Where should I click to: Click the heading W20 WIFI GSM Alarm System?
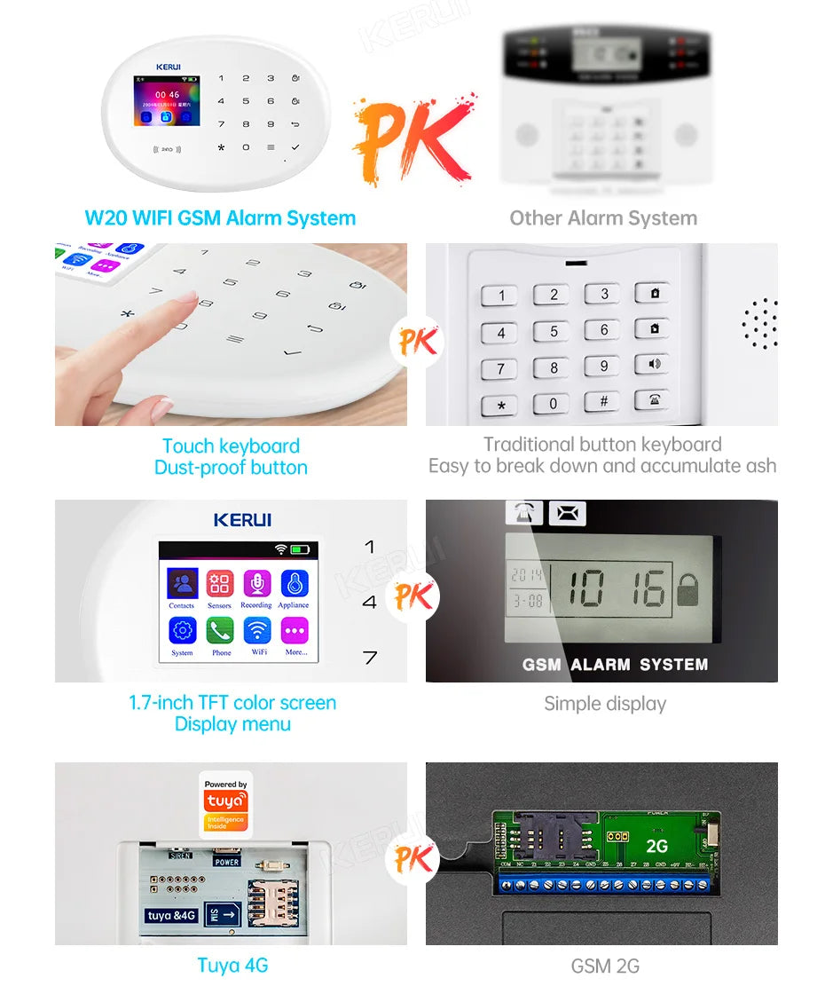220,218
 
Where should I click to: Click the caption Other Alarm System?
603,218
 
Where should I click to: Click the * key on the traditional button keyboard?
500,406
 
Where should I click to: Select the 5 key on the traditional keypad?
552,332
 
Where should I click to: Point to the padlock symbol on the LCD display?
687,589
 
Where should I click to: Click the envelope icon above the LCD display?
568,513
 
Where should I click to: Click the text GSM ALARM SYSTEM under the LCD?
615,664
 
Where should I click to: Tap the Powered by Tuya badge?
225,804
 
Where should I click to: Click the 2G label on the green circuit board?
656,846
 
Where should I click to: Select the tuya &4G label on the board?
171,915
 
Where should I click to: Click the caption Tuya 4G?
232,966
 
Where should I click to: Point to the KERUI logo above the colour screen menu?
242,520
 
